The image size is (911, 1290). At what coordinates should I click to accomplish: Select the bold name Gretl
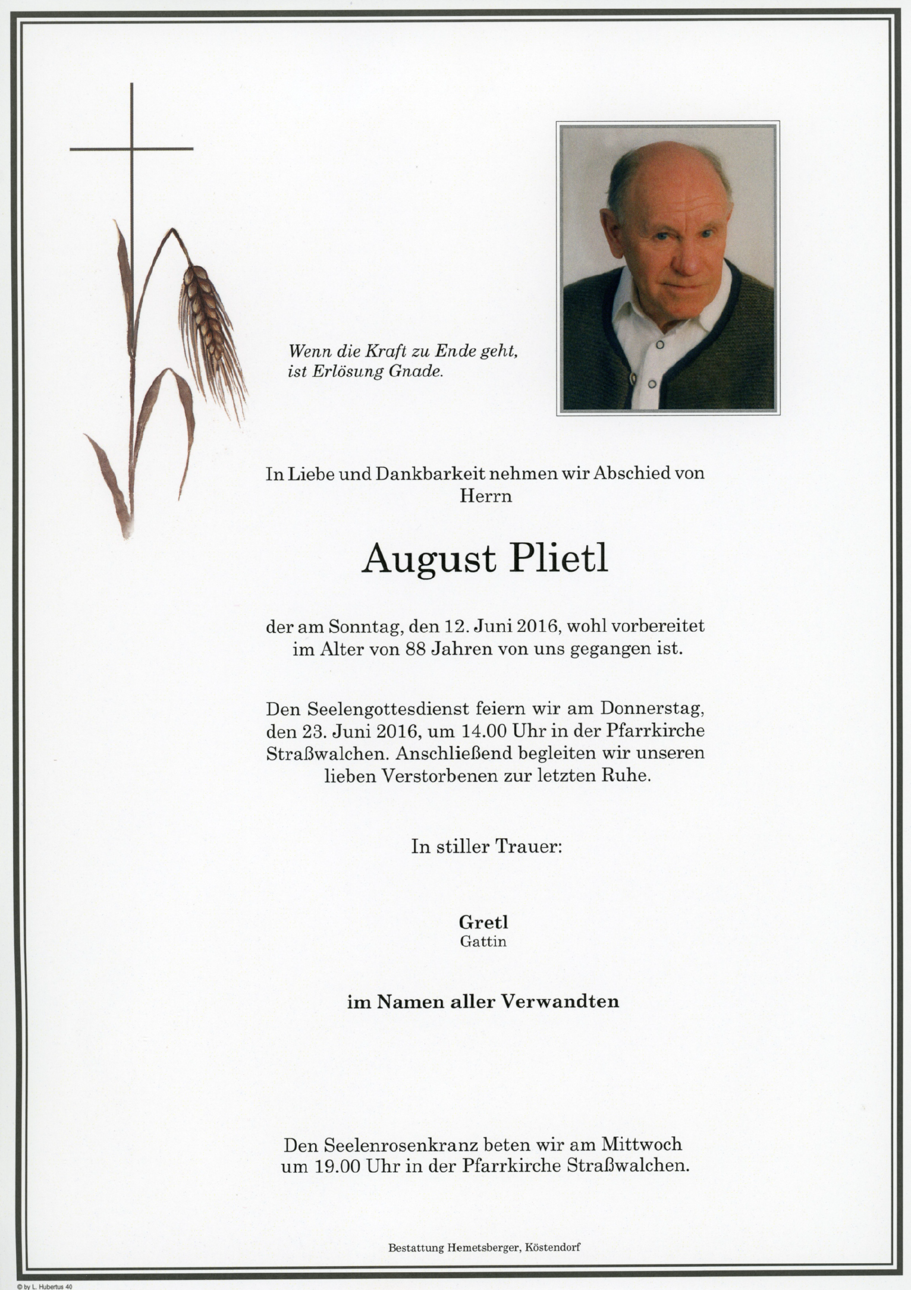pos(483,922)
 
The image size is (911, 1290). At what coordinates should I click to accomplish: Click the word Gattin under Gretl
pos(483,942)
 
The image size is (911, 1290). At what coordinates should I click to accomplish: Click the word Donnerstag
pos(652,709)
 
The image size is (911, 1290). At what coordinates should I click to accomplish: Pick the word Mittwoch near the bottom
pos(641,1144)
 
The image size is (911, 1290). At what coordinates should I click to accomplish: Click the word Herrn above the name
pos(485,496)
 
